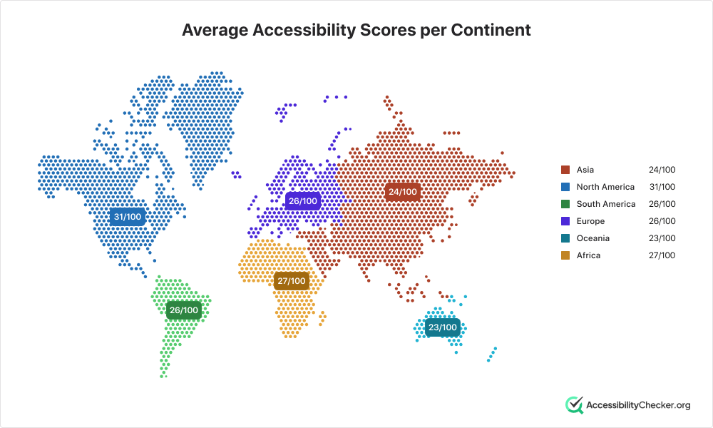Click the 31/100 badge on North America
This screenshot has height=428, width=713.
128,217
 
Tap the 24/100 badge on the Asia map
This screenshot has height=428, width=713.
402,192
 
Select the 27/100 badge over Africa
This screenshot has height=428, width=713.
292,281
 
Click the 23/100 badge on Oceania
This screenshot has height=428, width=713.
443,327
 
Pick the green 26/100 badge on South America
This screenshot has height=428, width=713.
184,310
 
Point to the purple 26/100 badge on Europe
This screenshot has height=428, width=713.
303,201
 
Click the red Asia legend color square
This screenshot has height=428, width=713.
565,170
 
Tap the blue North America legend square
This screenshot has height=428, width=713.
565,187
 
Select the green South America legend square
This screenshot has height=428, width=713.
565,204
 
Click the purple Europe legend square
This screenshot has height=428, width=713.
565,221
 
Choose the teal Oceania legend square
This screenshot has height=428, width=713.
565,238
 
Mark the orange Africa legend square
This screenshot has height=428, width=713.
565,255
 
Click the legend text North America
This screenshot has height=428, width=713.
605,187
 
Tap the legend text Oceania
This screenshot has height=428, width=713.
593,238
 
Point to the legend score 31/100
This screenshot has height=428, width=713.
662,187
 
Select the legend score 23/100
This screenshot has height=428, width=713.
662,238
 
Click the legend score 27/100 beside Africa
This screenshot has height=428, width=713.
662,255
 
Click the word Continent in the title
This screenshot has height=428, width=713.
491,30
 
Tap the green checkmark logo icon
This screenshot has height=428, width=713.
574,404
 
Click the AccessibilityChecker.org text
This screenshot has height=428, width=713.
638,405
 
